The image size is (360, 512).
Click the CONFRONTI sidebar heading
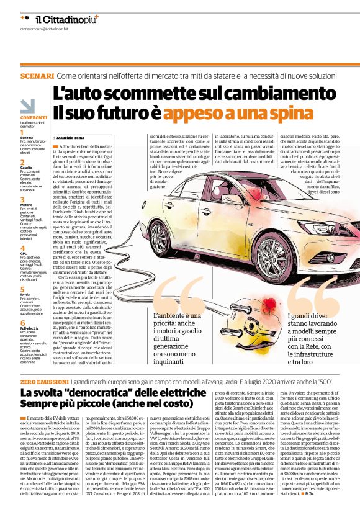[32, 117]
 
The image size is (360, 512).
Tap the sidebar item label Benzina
[26, 138]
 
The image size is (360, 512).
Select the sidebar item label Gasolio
[26, 168]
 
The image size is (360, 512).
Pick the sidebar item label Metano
[26, 204]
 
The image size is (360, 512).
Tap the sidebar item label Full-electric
[30, 327]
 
